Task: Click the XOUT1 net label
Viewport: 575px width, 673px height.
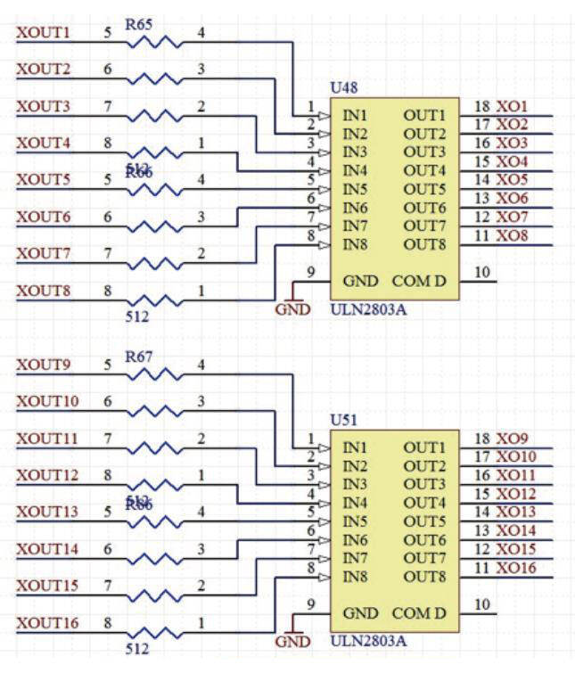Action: coord(43,33)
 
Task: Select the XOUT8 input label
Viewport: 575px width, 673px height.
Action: coord(43,291)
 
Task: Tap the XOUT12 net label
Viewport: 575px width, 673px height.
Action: coord(47,475)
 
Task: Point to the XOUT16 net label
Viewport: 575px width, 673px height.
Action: coord(47,623)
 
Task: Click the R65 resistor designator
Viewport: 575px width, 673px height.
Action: coord(139,24)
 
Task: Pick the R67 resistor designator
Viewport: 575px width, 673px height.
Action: coord(139,357)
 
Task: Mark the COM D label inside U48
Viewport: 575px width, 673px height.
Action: coord(419,282)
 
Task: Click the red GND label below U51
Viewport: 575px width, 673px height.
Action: coord(292,642)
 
